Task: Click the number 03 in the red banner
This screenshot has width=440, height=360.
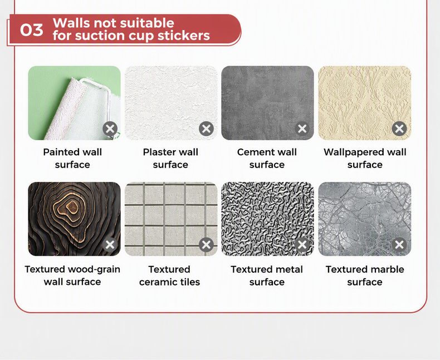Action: (x=31, y=29)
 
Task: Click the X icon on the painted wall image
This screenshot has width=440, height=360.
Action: (x=110, y=129)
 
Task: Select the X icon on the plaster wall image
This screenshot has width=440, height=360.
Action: (x=206, y=129)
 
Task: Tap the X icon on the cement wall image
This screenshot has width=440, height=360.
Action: (x=302, y=129)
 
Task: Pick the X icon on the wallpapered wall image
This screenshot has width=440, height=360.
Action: (x=399, y=129)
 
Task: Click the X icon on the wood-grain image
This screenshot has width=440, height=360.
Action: (x=110, y=245)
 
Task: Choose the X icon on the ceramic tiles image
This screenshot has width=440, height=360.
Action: (x=206, y=245)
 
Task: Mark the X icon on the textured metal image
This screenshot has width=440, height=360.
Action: (x=302, y=245)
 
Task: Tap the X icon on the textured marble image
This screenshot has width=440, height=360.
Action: (x=399, y=245)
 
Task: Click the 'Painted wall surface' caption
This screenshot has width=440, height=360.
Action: (x=72, y=159)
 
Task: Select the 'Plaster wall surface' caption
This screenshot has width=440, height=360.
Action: (x=170, y=159)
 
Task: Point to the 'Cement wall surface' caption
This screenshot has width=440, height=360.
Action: (x=267, y=159)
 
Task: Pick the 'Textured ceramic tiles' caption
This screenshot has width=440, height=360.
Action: (x=169, y=275)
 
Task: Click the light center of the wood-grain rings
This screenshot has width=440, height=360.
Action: (x=71, y=206)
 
